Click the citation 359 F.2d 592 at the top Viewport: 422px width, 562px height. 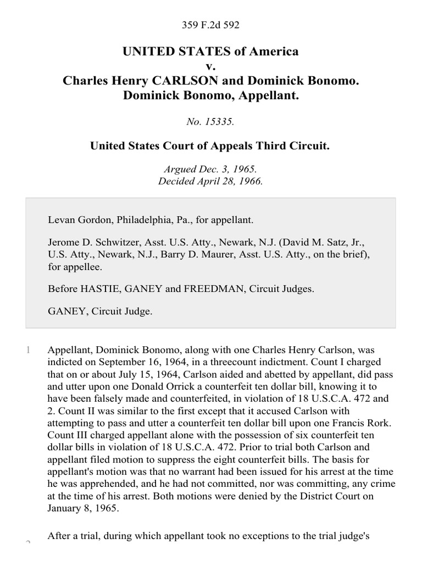[x=210, y=25]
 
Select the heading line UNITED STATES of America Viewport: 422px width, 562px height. [x=210, y=51]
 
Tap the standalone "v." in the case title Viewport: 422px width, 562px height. [x=210, y=66]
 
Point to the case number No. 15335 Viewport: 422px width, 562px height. [x=210, y=122]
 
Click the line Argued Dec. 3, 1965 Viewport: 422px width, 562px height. [x=210, y=170]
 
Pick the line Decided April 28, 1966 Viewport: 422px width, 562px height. [x=210, y=182]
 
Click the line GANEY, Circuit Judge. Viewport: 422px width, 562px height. [x=100, y=311]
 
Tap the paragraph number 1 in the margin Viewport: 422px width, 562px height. [x=27, y=350]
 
